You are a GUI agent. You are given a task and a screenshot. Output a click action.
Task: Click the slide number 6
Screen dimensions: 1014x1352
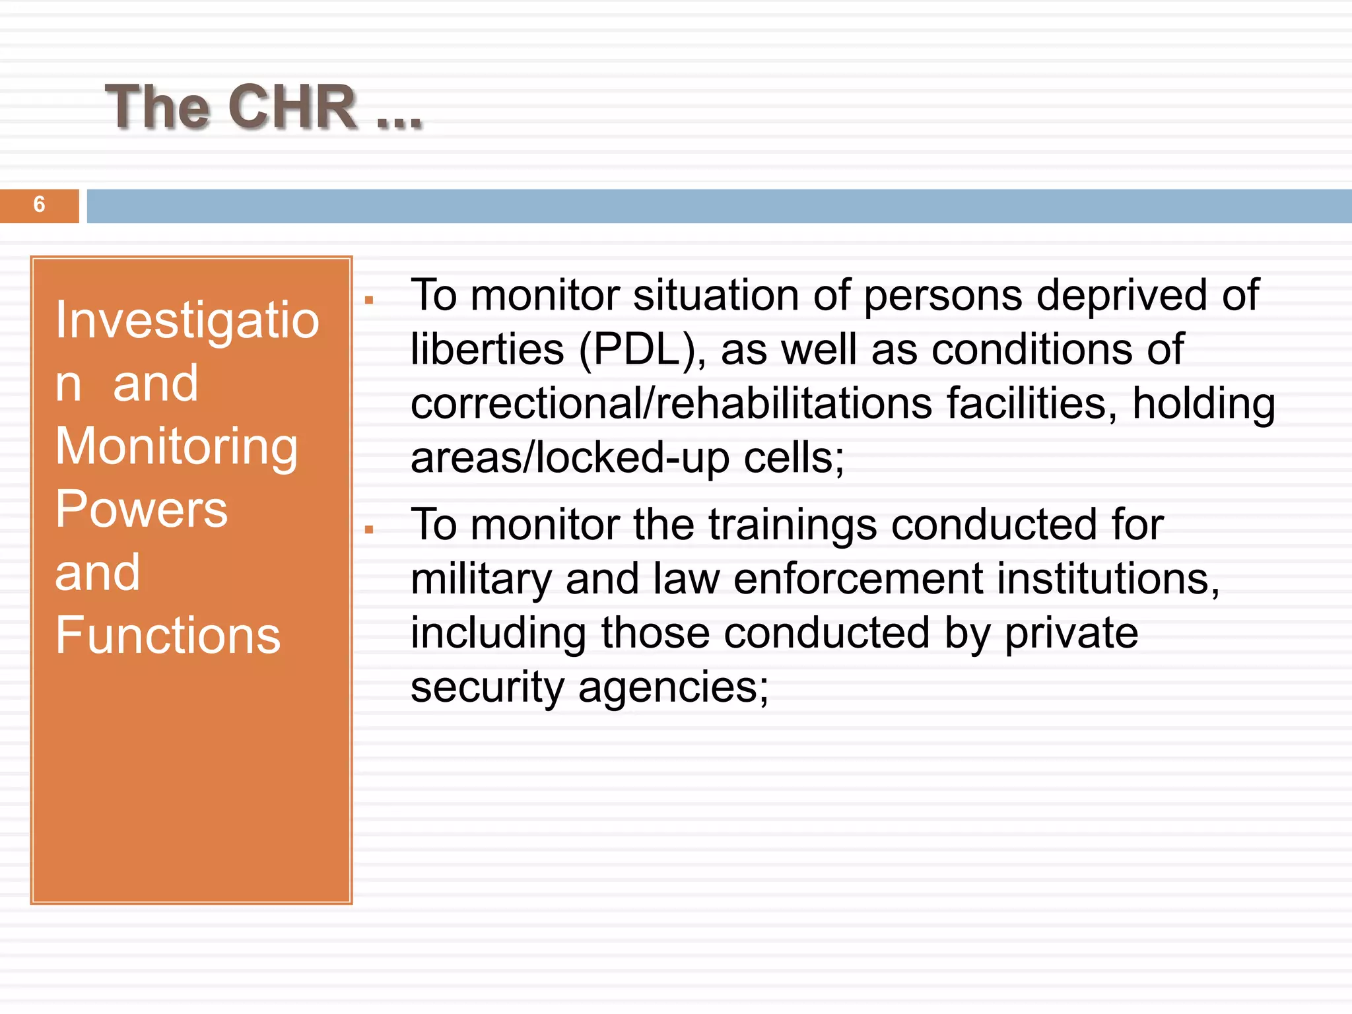(39, 205)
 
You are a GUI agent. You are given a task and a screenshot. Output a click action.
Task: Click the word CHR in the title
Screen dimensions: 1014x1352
(292, 107)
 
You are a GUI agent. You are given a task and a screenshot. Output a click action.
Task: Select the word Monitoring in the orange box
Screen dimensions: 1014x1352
(176, 447)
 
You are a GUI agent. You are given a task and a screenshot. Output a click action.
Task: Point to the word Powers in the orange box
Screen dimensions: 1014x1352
(141, 510)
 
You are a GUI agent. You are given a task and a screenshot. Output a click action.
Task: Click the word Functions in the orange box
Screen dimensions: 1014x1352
(168, 636)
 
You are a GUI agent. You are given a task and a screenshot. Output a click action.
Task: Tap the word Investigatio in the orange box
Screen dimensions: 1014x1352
(187, 320)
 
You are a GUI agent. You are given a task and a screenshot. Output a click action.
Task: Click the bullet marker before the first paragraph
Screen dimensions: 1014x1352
(369, 301)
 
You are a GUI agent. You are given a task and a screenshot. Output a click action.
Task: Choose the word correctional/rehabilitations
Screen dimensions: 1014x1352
(671, 403)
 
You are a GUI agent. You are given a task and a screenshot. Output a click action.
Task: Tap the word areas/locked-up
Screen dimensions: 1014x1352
(570, 457)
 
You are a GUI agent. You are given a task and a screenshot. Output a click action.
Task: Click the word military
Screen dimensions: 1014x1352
(481, 580)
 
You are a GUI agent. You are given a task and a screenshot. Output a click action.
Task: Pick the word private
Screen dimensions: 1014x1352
(1071, 634)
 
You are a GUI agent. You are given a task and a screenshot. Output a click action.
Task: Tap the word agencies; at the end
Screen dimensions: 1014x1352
(673, 688)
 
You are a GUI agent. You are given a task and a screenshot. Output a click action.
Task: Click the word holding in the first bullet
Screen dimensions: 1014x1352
(1203, 403)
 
